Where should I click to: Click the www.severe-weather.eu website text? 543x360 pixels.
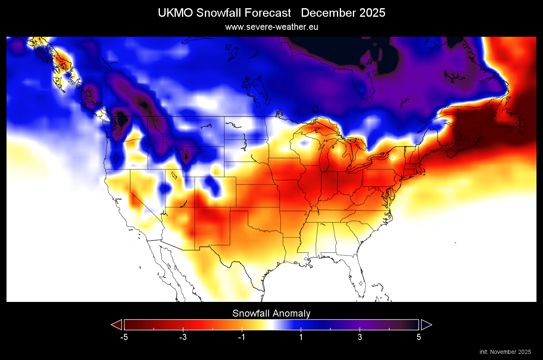click(x=271, y=27)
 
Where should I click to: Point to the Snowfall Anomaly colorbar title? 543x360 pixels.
click(x=271, y=313)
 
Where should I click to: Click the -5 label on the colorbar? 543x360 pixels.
click(x=124, y=337)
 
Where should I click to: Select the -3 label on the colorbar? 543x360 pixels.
click(x=183, y=337)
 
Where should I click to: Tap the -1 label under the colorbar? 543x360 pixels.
click(x=242, y=337)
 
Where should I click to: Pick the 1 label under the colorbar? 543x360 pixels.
click(x=301, y=337)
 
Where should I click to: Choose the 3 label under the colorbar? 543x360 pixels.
click(x=360, y=337)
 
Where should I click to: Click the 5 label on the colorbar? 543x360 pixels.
click(x=419, y=337)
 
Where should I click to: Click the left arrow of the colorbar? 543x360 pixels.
click(x=117, y=325)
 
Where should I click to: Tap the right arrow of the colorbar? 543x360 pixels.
click(x=426, y=325)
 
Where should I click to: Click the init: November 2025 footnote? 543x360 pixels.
click(x=505, y=352)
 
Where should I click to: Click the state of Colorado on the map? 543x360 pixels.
click(x=215, y=192)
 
